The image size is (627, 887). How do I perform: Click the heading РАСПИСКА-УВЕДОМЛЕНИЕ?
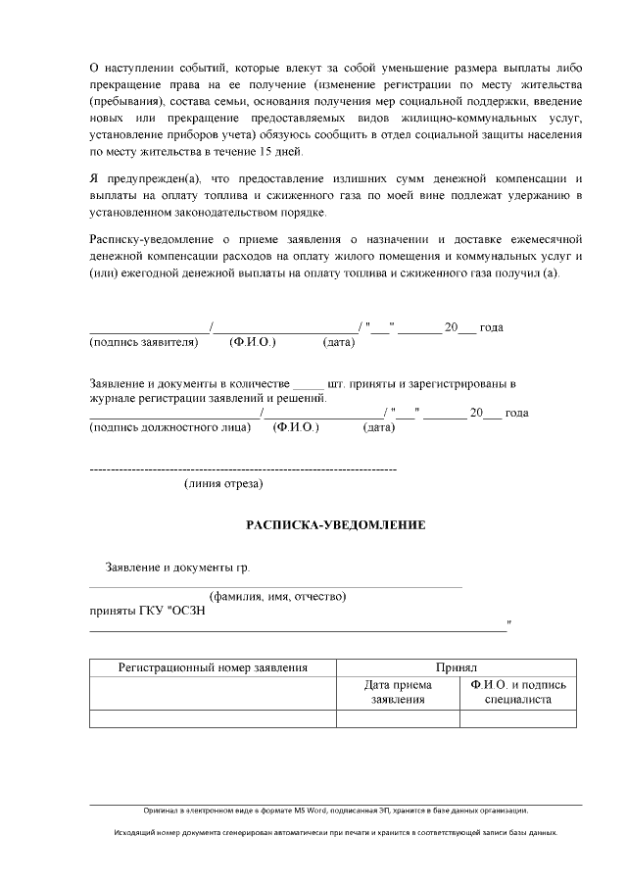[334, 525]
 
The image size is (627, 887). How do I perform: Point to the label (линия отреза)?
[223, 483]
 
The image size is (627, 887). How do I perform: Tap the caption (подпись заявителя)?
[144, 342]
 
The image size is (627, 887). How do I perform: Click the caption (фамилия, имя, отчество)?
[277, 596]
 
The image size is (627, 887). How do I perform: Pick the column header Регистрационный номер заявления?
[213, 667]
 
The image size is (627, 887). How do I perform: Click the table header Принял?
[457, 667]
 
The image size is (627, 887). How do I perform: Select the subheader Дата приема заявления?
[398, 692]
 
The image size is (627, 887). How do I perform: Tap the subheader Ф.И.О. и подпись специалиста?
[518, 692]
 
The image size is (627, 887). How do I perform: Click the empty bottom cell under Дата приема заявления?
[398, 718]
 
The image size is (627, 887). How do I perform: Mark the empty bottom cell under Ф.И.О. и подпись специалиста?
[518, 718]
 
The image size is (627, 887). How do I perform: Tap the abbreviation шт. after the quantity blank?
[337, 383]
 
